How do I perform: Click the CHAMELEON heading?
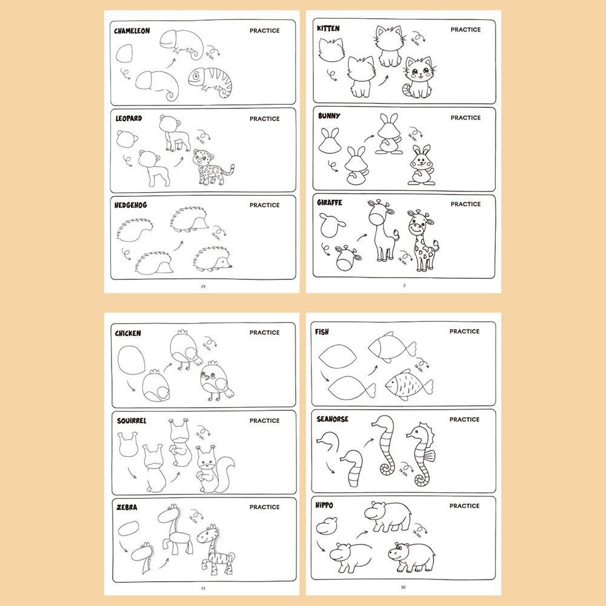pyautogui.click(x=132, y=30)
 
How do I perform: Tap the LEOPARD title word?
pyautogui.click(x=128, y=118)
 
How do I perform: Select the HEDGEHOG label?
pyautogui.click(x=131, y=205)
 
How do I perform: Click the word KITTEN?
pyautogui.click(x=328, y=28)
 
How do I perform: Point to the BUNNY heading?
pyautogui.click(x=328, y=116)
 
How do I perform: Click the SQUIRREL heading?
pyautogui.click(x=131, y=420)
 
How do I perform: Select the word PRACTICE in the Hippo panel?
pyautogui.click(x=465, y=505)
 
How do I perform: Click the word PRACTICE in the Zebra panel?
pyautogui.click(x=264, y=507)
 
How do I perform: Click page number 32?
pyautogui.click(x=202, y=587)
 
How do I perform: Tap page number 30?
pyautogui.click(x=403, y=587)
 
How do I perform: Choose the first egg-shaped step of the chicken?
pyautogui.click(x=132, y=361)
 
